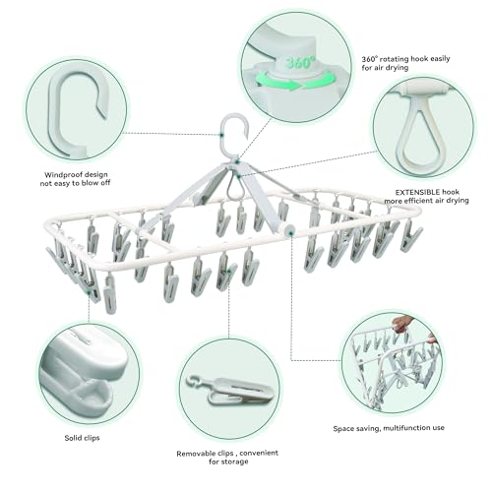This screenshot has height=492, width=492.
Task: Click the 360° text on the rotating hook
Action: tap(300, 62)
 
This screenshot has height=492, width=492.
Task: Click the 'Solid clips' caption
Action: tap(82, 438)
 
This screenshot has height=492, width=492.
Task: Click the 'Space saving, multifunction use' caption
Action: tap(389, 428)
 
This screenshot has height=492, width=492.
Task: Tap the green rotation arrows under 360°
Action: tap(290, 82)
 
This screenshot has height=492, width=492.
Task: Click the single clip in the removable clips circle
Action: tap(230, 390)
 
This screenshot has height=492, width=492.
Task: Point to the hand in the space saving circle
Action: tap(400, 324)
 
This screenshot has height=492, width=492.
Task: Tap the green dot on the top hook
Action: tap(222, 135)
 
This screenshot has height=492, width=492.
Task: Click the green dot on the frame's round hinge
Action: tap(291, 232)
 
